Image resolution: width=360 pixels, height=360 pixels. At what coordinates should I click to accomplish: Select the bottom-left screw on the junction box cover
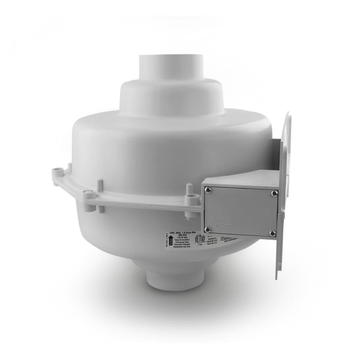207,229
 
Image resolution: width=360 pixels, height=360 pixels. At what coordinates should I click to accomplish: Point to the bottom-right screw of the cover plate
273,233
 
